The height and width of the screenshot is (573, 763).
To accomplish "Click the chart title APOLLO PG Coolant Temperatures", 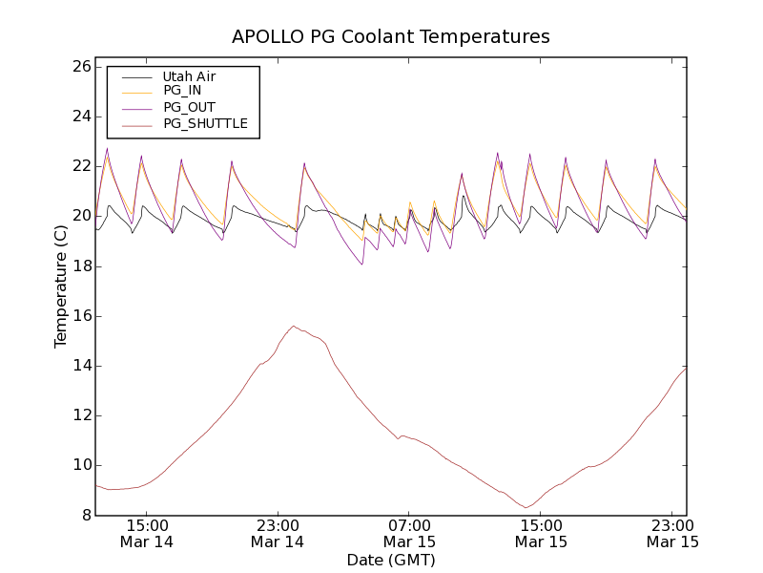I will tap(391, 37).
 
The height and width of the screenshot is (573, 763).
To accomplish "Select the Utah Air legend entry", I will tap(189, 76).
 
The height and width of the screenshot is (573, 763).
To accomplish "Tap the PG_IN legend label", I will tap(182, 91).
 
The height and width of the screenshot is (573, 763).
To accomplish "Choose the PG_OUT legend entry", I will tap(189, 108).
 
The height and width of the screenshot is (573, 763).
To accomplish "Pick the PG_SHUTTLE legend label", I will tap(205, 124).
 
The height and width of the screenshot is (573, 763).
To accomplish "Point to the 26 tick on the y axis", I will tap(80, 67).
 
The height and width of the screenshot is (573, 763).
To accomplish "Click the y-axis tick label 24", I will tap(80, 117).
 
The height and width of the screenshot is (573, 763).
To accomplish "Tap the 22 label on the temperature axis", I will tap(80, 166).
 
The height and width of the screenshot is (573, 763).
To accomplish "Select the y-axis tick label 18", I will tap(80, 265).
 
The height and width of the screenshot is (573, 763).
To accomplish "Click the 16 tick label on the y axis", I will tap(80, 315).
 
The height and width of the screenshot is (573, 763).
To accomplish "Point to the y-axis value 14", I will tap(80, 366).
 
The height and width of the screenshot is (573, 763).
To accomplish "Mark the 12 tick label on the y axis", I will tap(80, 415).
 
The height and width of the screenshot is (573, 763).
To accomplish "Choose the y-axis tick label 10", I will tap(80, 465).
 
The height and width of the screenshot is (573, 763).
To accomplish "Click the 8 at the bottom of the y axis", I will tap(84, 515).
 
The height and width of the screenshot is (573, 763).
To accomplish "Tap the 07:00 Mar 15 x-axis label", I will tap(409, 533).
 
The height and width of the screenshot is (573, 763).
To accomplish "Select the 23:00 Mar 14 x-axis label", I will tap(278, 533).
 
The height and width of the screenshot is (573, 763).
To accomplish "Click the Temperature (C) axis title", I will tap(60, 286).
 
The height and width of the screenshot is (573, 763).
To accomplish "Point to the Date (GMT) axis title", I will tap(391, 560).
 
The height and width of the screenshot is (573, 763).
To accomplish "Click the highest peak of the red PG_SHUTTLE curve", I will tap(294, 326).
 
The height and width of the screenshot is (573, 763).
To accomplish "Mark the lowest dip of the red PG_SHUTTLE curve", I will tap(526, 507).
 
